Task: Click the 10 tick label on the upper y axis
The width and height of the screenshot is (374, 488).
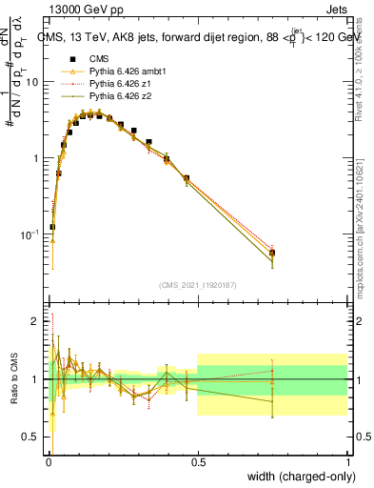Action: tap(32, 82)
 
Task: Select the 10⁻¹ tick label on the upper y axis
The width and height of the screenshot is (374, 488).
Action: tap(30, 234)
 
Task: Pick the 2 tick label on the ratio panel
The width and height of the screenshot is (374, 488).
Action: tap(36, 321)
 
